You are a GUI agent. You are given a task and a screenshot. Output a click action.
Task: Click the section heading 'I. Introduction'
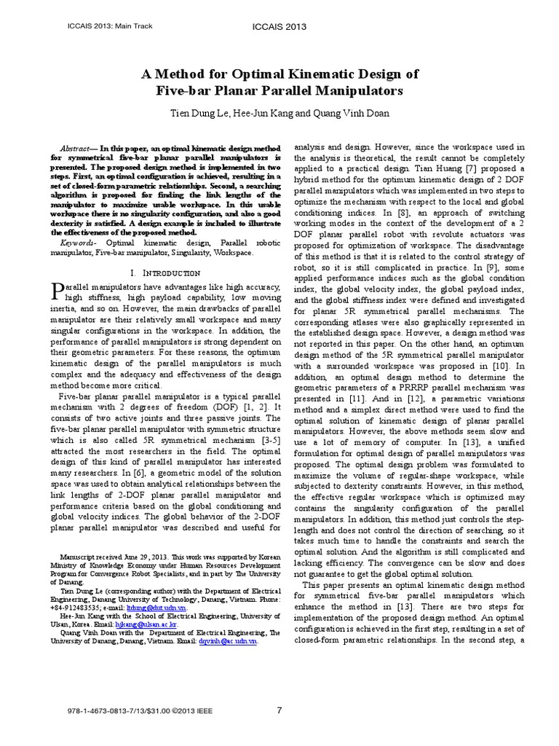tap(164, 272)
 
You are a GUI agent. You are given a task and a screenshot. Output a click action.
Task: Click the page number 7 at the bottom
tap(279, 710)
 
